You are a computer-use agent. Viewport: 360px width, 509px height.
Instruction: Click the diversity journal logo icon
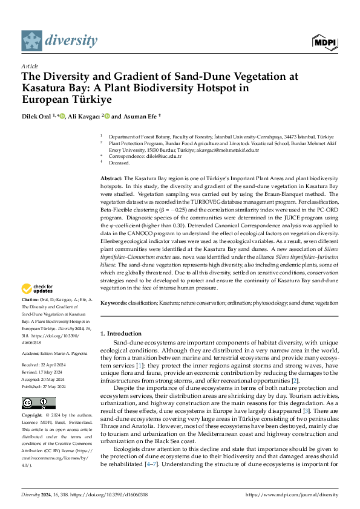32,41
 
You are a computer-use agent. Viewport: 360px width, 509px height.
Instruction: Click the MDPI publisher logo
325,41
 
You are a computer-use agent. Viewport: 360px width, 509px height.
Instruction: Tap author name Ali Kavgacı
83,116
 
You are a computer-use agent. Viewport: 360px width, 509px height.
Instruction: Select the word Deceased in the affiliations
119,163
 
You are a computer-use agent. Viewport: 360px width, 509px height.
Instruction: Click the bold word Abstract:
111,179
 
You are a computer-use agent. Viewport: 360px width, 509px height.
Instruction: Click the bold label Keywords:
114,302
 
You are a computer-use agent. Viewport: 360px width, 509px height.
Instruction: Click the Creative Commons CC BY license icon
38,403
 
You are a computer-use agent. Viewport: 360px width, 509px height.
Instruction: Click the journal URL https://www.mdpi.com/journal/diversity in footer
292,494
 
